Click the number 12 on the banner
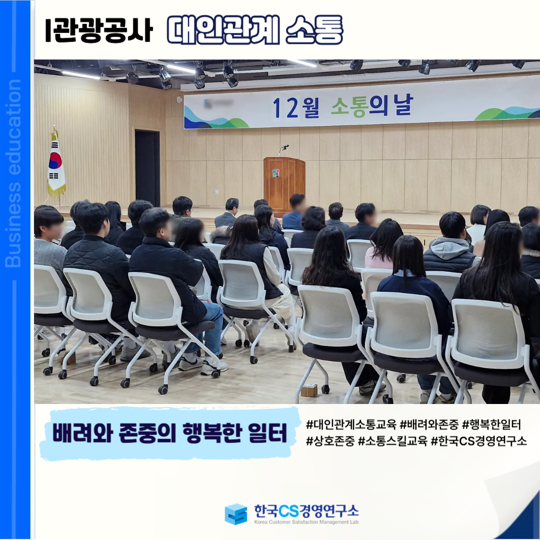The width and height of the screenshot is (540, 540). [x=285, y=107]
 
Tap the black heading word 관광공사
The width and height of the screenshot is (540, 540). [x=103, y=30]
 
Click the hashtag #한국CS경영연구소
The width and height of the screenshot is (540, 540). [x=479, y=441]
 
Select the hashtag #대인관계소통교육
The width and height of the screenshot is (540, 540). [x=351, y=424]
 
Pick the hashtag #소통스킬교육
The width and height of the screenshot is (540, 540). [x=392, y=441]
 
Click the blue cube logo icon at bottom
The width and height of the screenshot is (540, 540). [x=236, y=514]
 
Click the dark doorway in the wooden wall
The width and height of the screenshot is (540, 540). [x=147, y=167]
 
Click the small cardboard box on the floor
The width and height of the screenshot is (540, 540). [x=309, y=390]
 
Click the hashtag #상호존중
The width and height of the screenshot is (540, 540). [x=330, y=441]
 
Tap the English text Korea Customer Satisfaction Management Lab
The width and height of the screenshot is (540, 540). [x=306, y=522]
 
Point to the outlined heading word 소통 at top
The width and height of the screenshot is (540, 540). [x=314, y=30]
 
